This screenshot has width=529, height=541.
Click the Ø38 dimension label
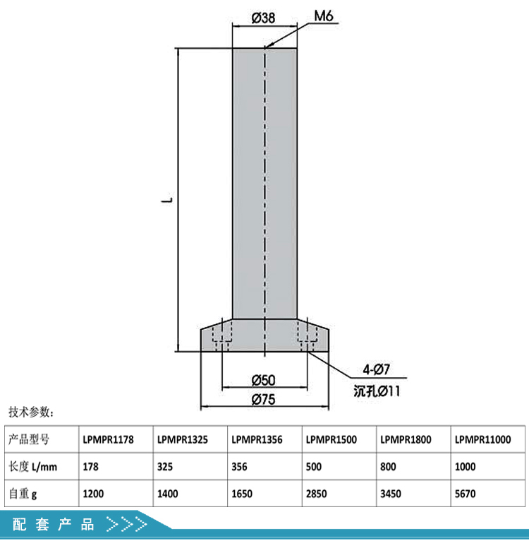click(x=263, y=18)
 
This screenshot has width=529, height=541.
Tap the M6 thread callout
click(x=324, y=16)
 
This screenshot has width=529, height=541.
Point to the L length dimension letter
click(x=167, y=200)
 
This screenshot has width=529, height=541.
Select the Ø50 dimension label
click(x=263, y=380)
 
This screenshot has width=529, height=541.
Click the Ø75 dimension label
click(x=263, y=399)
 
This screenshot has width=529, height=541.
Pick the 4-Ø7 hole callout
click(x=376, y=369)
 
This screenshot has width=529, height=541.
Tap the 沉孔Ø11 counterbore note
click(x=377, y=391)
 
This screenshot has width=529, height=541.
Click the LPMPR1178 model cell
click(x=108, y=439)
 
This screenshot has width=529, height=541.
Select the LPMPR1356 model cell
click(x=257, y=439)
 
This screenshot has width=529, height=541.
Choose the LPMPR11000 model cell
click(x=483, y=439)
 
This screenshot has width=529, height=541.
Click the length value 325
click(x=165, y=466)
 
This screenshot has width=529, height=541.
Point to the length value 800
click(x=388, y=466)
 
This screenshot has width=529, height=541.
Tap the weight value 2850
click(x=317, y=494)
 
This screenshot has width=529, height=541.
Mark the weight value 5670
click(x=466, y=494)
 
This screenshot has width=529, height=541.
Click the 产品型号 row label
click(x=29, y=439)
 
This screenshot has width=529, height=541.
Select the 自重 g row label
click(x=23, y=494)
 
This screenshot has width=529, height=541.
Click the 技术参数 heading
click(x=31, y=412)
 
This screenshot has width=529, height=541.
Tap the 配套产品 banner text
click(x=54, y=524)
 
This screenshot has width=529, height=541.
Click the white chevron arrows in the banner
click(x=127, y=524)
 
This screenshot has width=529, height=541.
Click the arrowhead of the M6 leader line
click(x=267, y=46)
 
